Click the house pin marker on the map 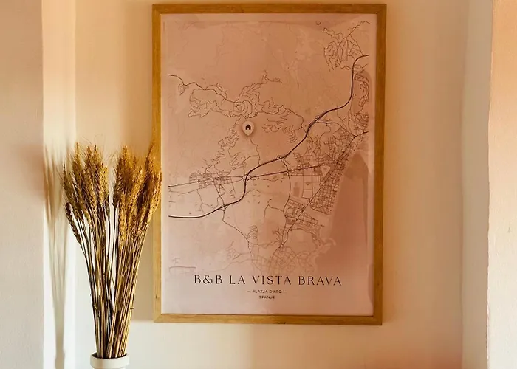[x=248, y=128]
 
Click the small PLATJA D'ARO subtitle [x=267, y=292]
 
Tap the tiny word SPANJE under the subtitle [x=267, y=299]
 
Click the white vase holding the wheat [x=109, y=362]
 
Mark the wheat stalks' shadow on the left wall [x=55, y=221]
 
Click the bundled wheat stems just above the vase [x=111, y=325]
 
